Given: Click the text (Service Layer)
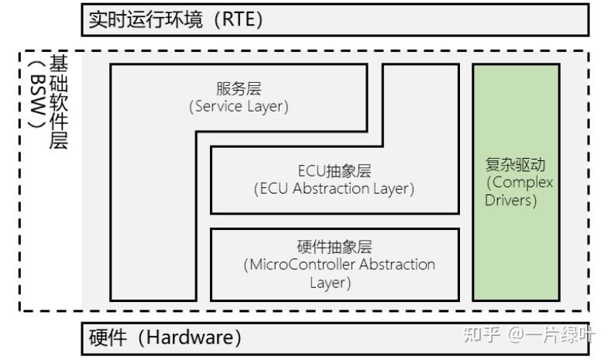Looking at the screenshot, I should pyautogui.click(x=239, y=107).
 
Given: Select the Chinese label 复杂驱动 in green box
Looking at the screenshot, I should pyautogui.click(x=515, y=165).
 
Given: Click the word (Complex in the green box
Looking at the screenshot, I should pyautogui.click(x=517, y=183).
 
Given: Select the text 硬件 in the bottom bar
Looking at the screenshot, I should pyautogui.click(x=106, y=338).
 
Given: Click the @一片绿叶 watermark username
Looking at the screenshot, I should pyautogui.click(x=552, y=334).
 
